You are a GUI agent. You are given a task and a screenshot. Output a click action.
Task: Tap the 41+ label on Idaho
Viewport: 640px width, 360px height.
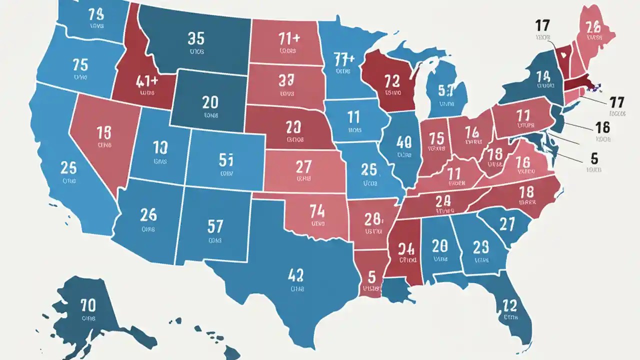click(147, 80)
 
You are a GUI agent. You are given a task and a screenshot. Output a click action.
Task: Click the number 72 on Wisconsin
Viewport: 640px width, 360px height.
click(392, 79)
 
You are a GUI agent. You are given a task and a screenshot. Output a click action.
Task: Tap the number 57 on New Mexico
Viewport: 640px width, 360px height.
click(214, 226)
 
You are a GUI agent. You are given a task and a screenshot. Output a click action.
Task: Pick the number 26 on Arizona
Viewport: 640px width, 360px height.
click(148, 215)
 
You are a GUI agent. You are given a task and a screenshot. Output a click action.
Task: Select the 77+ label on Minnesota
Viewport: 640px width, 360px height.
click(343, 59)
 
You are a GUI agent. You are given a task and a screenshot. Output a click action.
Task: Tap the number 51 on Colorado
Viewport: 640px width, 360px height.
click(226, 159)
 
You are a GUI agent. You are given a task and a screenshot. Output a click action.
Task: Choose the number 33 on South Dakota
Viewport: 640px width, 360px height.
click(286, 80)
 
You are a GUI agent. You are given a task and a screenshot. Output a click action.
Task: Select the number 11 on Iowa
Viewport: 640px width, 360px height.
click(353, 117)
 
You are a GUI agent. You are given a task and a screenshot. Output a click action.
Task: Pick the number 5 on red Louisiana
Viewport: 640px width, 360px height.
click(371, 276)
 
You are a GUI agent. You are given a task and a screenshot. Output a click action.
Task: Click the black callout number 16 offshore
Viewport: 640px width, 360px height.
click(603, 126)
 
